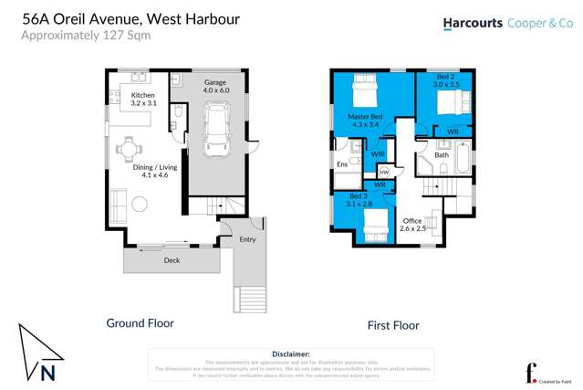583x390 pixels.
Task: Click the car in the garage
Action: click(x=216, y=128)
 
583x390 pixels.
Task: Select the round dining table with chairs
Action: click(x=130, y=148)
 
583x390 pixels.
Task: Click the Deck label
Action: click(x=172, y=260)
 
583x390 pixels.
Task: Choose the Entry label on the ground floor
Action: click(x=247, y=239)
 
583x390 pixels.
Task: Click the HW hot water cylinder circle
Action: click(x=383, y=172)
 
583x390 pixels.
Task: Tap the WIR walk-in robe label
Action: click(x=378, y=153)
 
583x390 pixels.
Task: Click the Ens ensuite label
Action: click(x=342, y=164)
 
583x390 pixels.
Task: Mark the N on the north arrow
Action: click(x=47, y=372)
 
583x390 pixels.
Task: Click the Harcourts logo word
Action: click(x=473, y=24)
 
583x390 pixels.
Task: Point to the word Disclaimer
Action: click(x=291, y=353)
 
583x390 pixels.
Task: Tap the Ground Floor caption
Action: click(x=140, y=322)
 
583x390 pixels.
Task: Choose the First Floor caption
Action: click(x=392, y=324)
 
